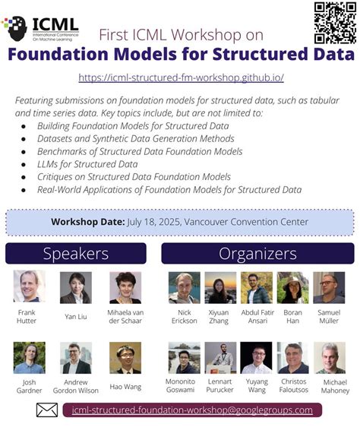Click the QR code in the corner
tap(335, 23)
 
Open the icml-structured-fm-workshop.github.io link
tap(182, 77)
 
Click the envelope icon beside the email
tap(47, 410)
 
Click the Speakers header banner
tap(76, 254)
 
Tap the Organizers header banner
tap(257, 254)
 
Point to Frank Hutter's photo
tap(29, 287)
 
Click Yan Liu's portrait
tap(75, 287)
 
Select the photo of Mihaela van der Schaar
tap(125, 287)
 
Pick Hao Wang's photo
tap(125, 358)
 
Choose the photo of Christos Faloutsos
tap(292, 358)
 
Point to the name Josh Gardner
tap(29, 386)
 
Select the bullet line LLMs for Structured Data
tap(87, 163)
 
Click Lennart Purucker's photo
tap(220, 358)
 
